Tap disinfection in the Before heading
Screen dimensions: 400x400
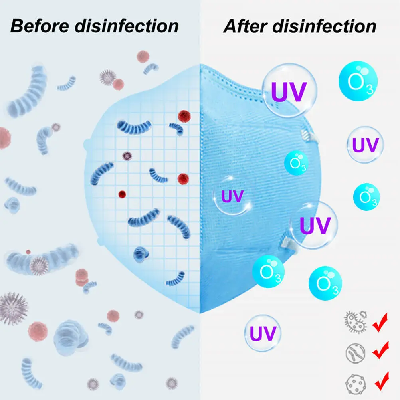[127, 26]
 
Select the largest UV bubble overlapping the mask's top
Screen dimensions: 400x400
[289, 91]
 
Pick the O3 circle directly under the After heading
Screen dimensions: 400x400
[358, 83]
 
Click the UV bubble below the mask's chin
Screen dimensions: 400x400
[262, 333]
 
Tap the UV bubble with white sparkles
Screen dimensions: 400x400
[233, 196]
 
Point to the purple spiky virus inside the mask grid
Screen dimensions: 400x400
[127, 156]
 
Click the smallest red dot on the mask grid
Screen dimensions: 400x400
[122, 194]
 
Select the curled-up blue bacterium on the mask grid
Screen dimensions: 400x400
[140, 253]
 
